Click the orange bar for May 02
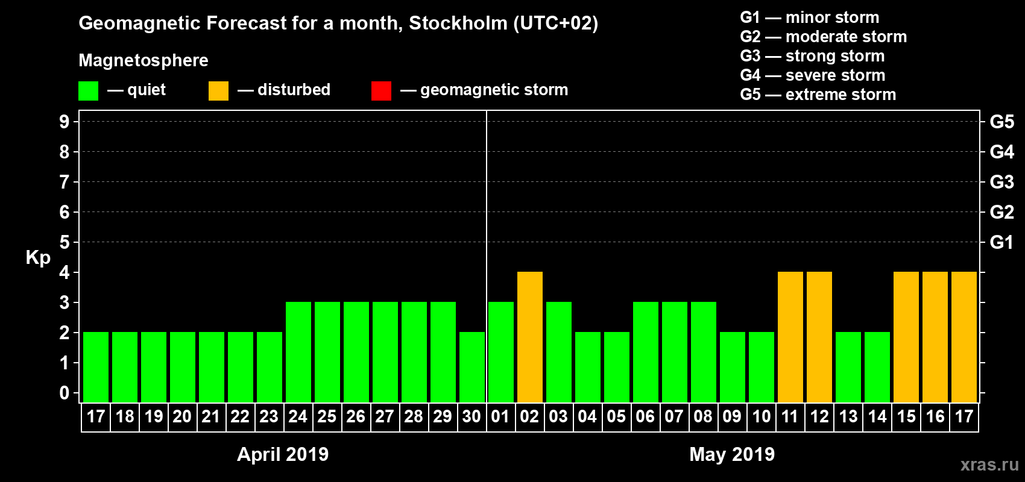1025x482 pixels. point(530,337)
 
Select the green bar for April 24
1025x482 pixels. point(298,352)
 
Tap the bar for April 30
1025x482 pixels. point(472,367)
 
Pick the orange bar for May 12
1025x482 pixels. point(819,337)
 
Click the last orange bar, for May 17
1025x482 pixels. point(964,337)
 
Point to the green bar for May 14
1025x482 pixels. point(877,367)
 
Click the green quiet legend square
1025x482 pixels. point(89,91)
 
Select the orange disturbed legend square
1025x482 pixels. point(218,91)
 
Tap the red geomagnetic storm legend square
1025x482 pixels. point(381,91)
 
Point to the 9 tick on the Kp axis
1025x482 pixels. point(65,122)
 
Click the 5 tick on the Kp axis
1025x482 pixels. point(65,242)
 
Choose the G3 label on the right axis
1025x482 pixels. point(1001,182)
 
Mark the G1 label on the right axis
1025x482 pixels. point(1001,242)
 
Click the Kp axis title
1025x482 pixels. point(38,258)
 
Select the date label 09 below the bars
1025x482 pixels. point(732,417)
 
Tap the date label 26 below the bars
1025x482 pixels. point(356,417)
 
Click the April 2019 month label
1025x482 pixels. point(283,454)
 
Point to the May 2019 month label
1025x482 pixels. point(732,454)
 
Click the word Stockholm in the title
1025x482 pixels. point(458,23)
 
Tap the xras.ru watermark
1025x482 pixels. point(989,465)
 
